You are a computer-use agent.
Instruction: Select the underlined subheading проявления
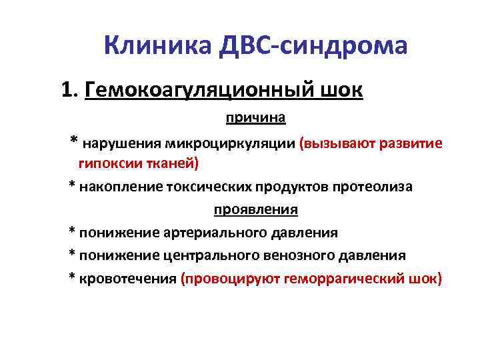pyautogui.click(x=255, y=209)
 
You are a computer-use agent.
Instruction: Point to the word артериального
pyautogui.click(x=213, y=233)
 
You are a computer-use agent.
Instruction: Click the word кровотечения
pyautogui.click(x=127, y=279)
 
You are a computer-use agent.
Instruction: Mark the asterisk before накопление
pyautogui.click(x=72, y=185)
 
